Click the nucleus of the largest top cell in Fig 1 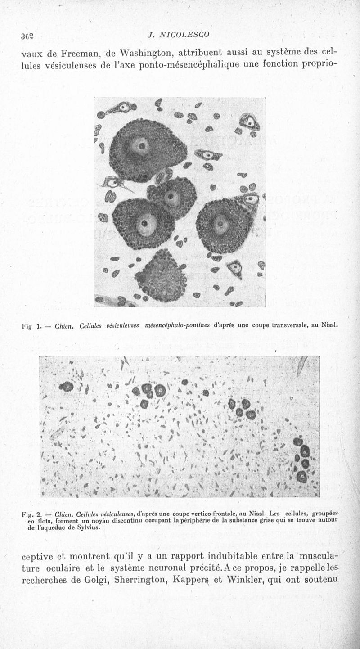tap(141, 145)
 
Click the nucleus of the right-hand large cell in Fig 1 tap(221, 224)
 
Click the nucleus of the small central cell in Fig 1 tap(171, 197)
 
